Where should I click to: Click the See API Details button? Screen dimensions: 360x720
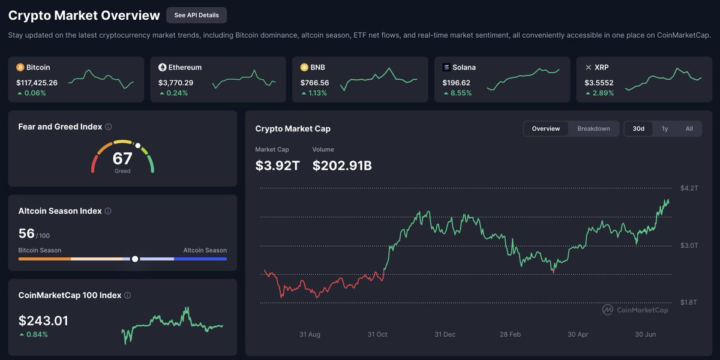[x=196, y=15]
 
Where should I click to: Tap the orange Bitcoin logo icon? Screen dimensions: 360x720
[x=20, y=67]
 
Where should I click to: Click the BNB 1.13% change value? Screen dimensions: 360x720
[x=318, y=93]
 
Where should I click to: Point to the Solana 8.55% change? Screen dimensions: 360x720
[x=460, y=93]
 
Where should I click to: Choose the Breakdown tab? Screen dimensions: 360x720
[x=593, y=128]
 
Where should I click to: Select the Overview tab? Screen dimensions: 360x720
[x=546, y=128]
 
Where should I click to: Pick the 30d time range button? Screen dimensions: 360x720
[x=638, y=128]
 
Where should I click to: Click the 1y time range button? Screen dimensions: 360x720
[x=665, y=128]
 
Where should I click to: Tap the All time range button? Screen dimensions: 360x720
[x=689, y=128]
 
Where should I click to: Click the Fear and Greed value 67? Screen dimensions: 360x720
[x=122, y=159]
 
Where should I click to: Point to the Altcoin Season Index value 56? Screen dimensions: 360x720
[x=26, y=233]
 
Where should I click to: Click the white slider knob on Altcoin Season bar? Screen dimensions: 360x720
[x=135, y=259]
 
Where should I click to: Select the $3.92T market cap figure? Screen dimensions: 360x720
[x=277, y=166]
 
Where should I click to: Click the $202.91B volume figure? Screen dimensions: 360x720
[x=342, y=166]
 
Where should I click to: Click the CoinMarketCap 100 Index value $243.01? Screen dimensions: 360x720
[x=43, y=321]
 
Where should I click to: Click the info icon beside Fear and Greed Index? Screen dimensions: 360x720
[x=109, y=127]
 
